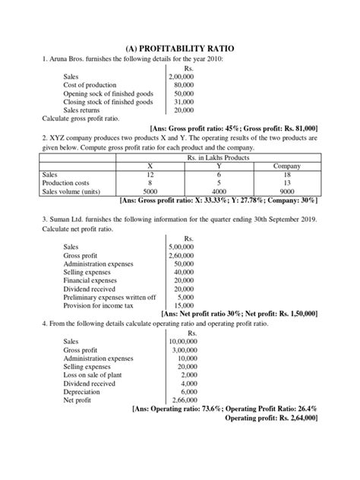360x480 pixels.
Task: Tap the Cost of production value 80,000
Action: [x=182, y=85]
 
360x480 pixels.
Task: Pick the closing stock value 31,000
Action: [x=182, y=102]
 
